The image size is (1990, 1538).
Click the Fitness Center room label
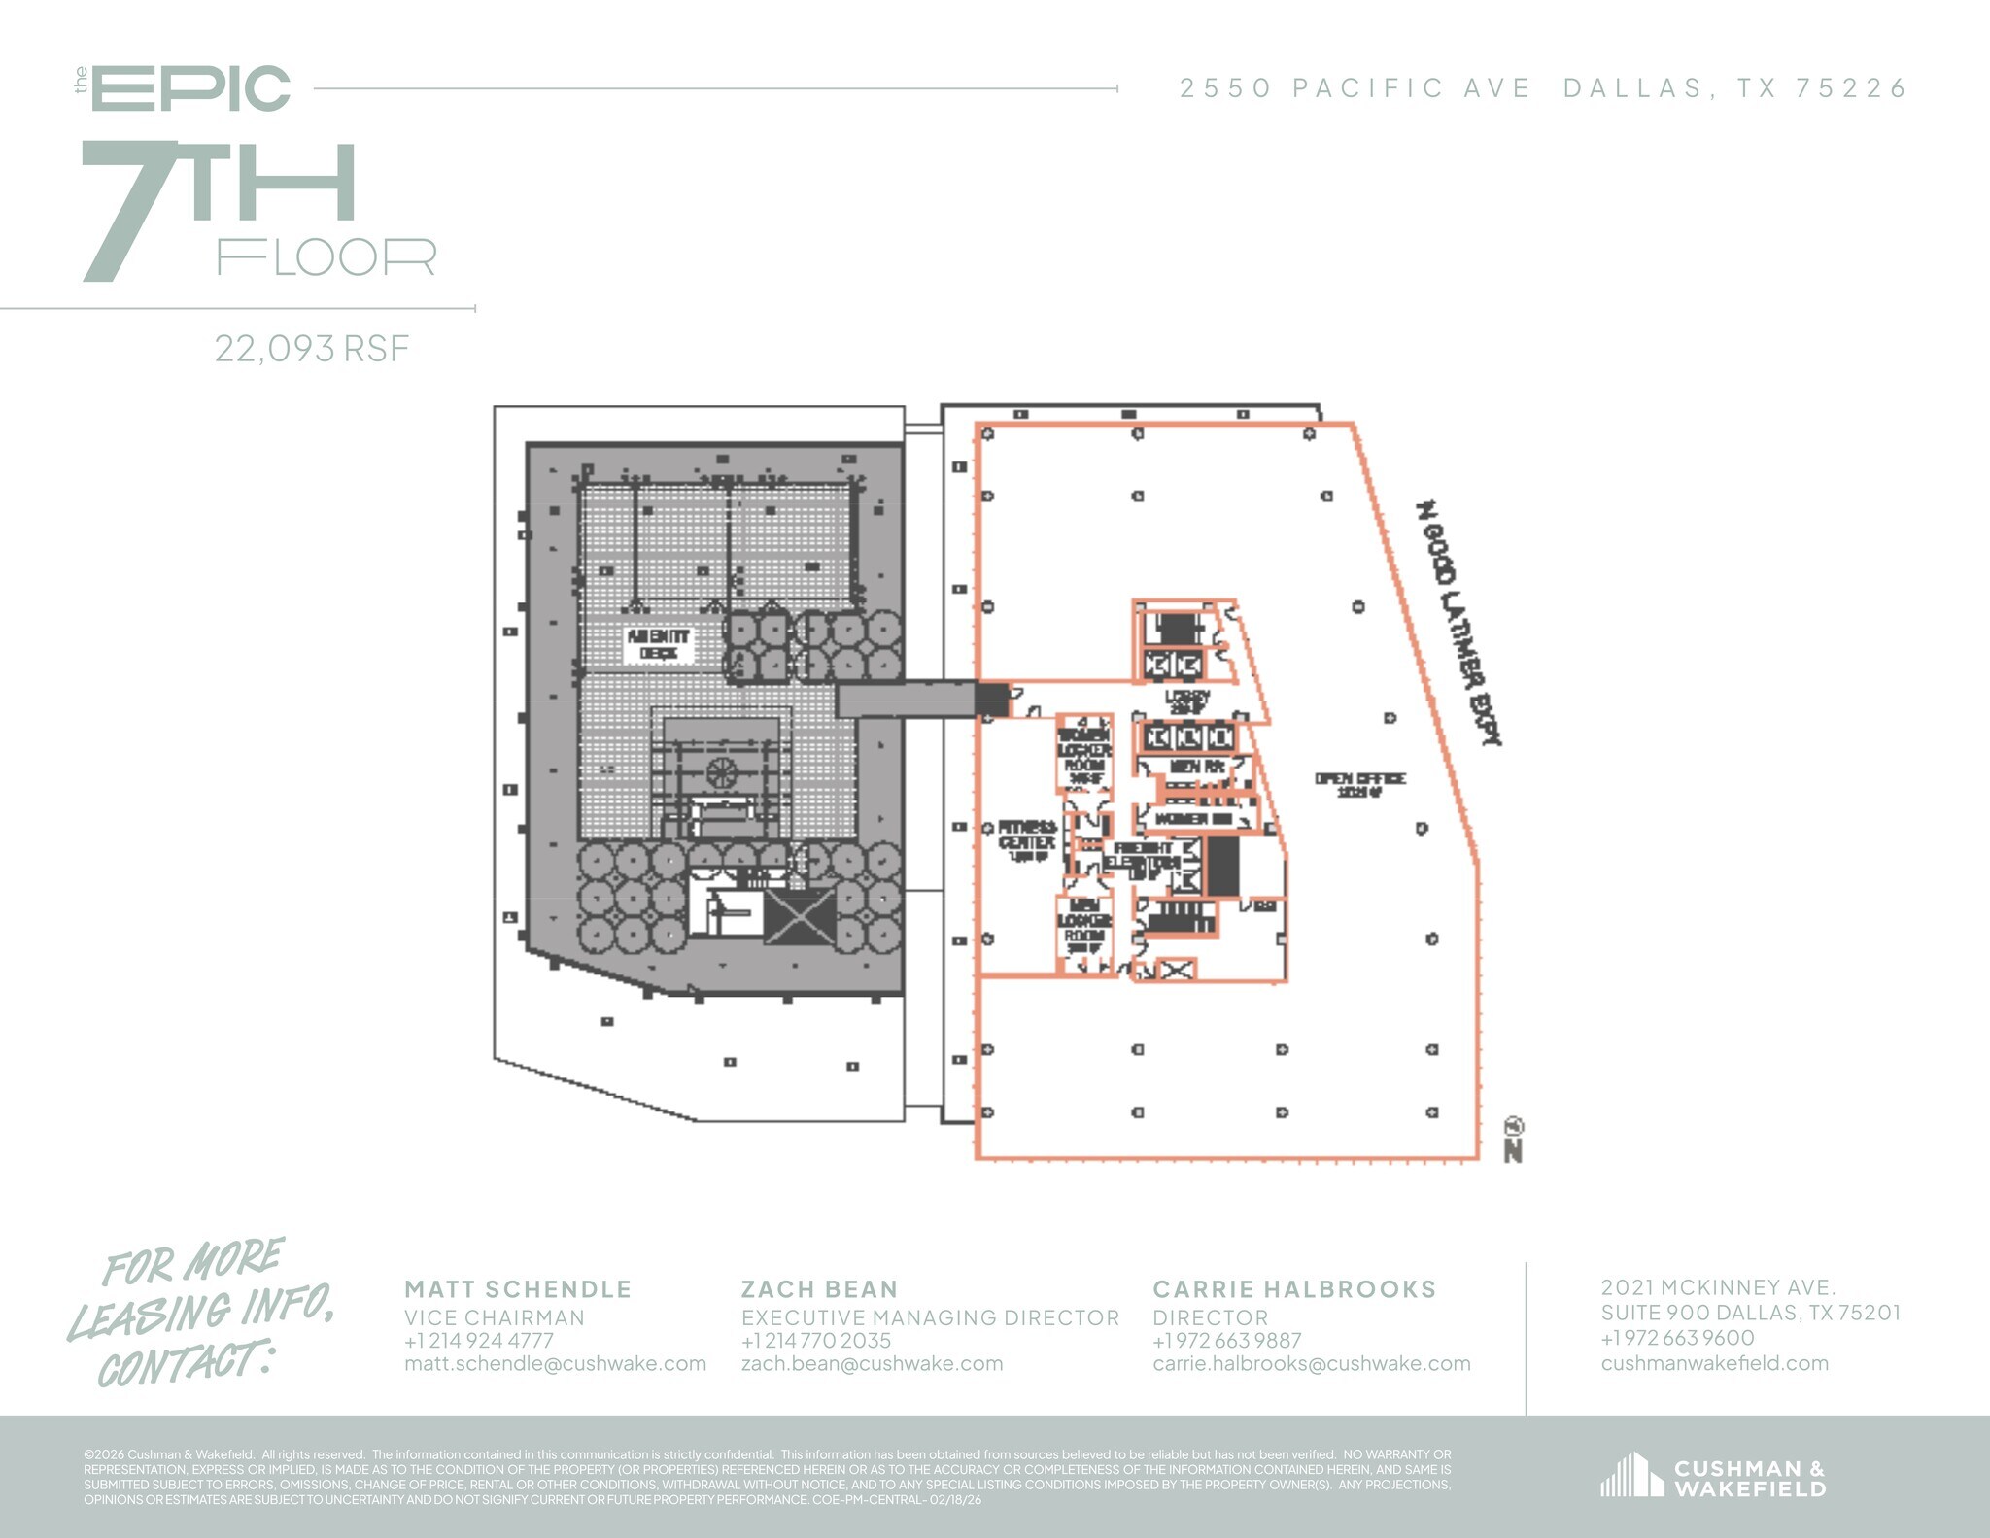1027,840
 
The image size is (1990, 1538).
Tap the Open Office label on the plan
1359,784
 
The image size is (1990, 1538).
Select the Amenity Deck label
658,644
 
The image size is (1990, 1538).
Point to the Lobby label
1186,701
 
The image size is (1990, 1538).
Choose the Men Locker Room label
1083,926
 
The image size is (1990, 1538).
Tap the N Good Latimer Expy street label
1458,623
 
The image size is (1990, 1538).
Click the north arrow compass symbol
1513,1140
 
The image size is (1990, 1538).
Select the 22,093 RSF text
312,348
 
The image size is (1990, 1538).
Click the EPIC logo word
191,88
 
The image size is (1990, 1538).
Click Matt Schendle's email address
555,1363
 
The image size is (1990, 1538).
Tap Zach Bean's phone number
815,1340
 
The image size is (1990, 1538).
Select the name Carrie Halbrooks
1293,1289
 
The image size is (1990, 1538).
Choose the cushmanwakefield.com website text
1714,1363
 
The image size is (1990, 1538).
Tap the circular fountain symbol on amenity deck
721,773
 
